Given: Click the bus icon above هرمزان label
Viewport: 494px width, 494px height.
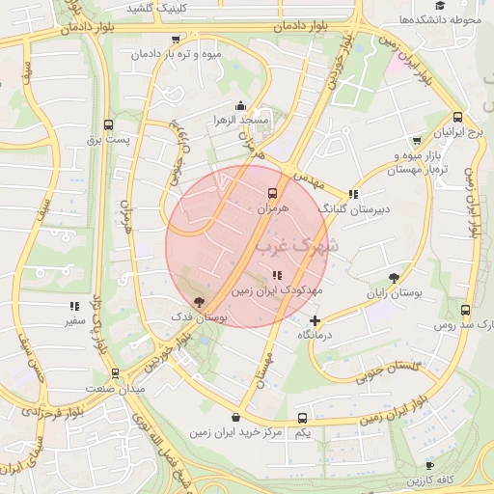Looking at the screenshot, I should (271, 194).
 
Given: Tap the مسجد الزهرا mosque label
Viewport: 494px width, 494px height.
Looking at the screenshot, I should (241, 119).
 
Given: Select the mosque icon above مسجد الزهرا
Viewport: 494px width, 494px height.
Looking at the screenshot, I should (240, 105).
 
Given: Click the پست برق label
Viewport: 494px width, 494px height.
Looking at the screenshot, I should (107, 140).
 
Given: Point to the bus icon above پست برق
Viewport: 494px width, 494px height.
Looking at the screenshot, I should (107, 125).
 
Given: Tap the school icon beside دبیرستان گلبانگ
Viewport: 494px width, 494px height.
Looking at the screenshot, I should (353, 194).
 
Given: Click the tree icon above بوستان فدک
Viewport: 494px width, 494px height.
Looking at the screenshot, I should (199, 302).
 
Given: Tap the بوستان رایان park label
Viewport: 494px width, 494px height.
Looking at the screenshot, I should (390, 291).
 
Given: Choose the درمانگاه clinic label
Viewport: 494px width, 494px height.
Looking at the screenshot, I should (316, 334).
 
